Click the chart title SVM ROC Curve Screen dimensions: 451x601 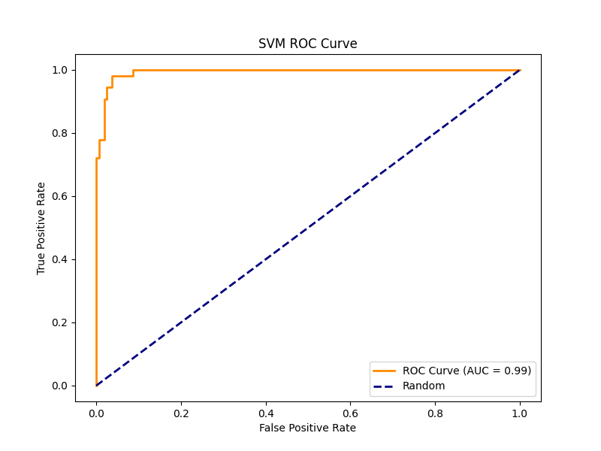(308, 44)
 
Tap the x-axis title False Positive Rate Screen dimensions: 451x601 (307, 428)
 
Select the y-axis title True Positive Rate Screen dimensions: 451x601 (41, 228)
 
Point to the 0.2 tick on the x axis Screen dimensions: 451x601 (181, 413)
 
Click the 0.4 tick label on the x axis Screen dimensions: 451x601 (265, 413)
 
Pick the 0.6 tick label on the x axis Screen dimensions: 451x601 (350, 413)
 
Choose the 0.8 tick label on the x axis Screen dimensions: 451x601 (435, 413)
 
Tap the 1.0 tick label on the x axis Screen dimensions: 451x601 (519, 413)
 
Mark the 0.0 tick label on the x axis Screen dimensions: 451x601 (96, 413)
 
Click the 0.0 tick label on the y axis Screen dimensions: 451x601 (59, 386)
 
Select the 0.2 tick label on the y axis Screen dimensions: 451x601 (59, 322)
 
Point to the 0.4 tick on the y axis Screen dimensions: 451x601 (59, 259)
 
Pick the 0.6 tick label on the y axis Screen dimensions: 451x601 (59, 196)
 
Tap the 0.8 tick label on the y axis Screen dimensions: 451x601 (59, 133)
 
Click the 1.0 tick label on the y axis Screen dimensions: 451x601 (59, 70)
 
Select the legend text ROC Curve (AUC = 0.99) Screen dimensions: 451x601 (467, 371)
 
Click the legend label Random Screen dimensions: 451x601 (424, 386)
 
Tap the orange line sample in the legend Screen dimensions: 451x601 (385, 371)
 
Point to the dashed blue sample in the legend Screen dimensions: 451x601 (385, 386)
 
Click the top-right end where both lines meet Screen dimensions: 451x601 (519, 70)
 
